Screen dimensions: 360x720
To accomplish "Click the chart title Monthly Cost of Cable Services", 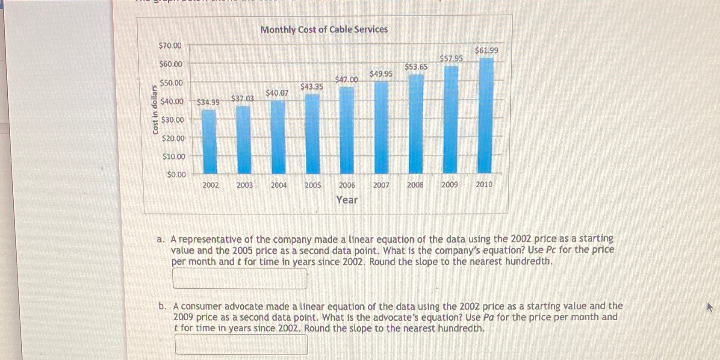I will [x=324, y=30].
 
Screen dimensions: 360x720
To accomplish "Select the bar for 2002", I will [x=209, y=141].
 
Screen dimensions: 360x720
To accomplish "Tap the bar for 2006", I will [x=347, y=130].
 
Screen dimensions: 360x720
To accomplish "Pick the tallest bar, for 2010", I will [x=486, y=115].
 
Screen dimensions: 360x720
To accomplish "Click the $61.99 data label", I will [x=486, y=50].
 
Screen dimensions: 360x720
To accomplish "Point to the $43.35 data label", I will [x=312, y=87].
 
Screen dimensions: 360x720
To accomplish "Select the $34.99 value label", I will [x=208, y=103].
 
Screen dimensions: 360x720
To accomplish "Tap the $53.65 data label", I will [x=416, y=67].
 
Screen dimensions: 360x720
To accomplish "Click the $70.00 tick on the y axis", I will [x=170, y=45].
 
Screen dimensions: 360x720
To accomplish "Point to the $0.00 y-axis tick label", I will [x=177, y=174].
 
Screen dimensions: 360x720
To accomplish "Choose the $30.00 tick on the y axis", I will [x=172, y=120].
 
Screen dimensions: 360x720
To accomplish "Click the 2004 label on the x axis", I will [x=279, y=185].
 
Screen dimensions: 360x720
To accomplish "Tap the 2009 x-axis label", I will [x=449, y=185].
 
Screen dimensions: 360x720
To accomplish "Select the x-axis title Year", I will [x=347, y=200].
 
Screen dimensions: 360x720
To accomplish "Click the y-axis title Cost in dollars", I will [x=155, y=110].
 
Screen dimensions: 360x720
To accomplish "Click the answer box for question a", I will [x=240, y=279].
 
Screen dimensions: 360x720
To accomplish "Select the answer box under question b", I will [x=241, y=345].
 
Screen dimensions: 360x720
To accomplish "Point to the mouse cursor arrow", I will [x=709, y=307].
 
